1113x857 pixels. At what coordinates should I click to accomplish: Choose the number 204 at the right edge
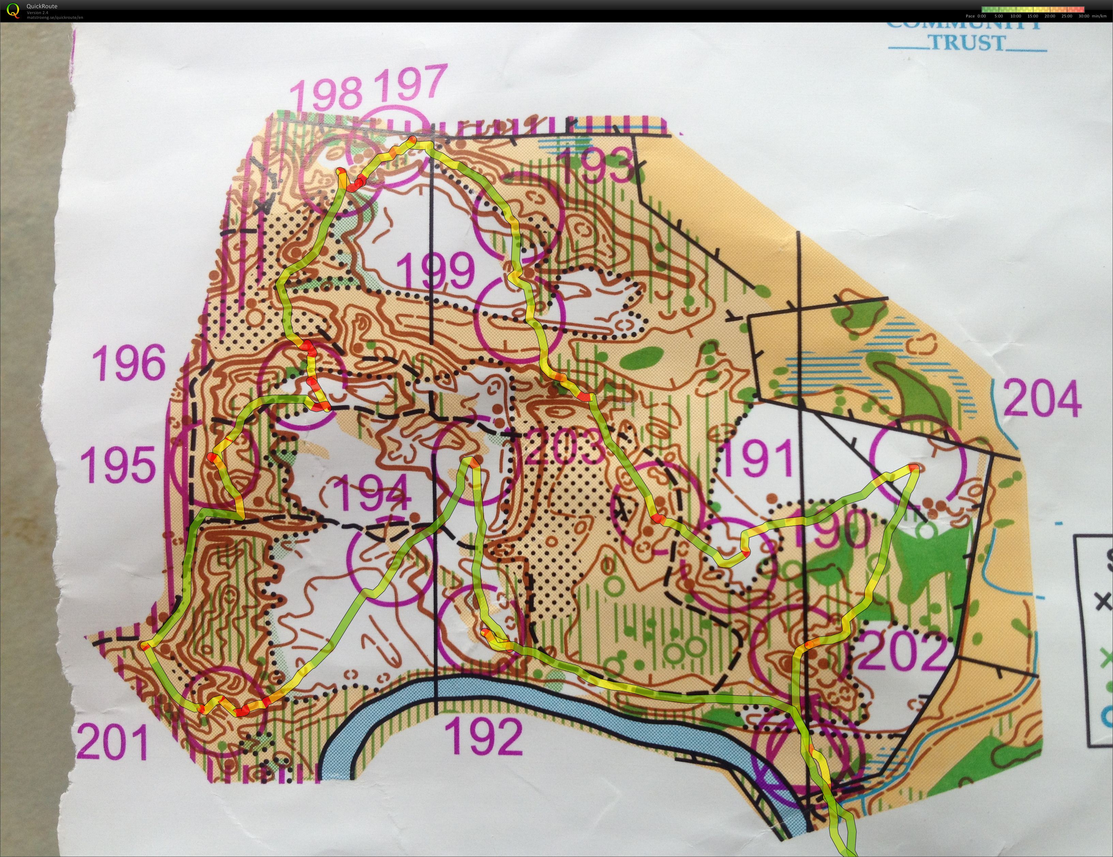pos(1042,398)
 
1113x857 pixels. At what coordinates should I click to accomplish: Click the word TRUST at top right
pos(967,43)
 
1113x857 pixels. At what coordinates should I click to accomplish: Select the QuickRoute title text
pos(42,6)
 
